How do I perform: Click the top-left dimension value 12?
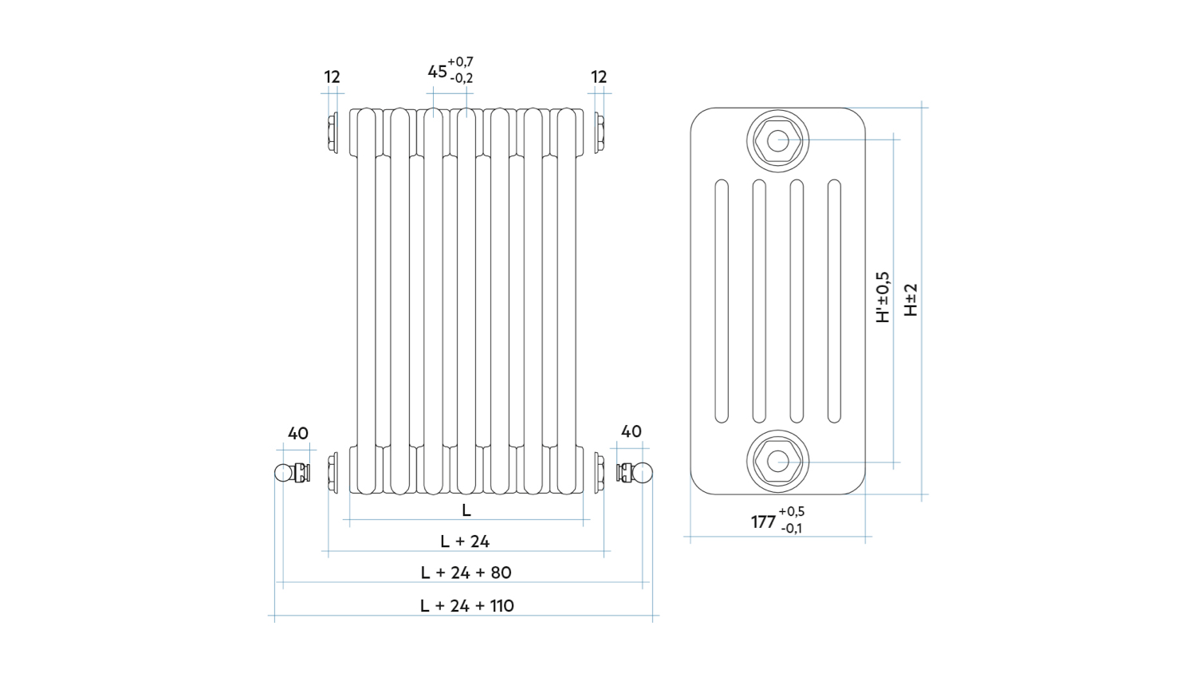point(332,77)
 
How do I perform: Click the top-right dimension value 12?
point(599,77)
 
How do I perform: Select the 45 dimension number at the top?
point(437,72)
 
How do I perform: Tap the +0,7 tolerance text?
point(460,61)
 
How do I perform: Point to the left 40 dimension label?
point(297,434)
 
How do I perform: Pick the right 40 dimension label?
point(631,431)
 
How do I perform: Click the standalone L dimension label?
point(466,510)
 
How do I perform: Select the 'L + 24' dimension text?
point(465,541)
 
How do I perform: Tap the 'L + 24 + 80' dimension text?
point(466,573)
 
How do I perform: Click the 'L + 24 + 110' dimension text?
point(466,606)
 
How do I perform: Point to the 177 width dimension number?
point(763,521)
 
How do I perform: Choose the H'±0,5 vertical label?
point(883,297)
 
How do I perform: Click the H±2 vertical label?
point(911,300)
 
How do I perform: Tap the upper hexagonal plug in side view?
point(777,141)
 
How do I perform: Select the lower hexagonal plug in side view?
point(777,461)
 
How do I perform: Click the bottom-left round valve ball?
point(283,473)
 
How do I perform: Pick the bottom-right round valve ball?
point(643,474)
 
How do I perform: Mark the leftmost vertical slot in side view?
point(722,301)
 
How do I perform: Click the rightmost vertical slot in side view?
point(834,301)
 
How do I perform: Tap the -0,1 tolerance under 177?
point(792,529)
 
